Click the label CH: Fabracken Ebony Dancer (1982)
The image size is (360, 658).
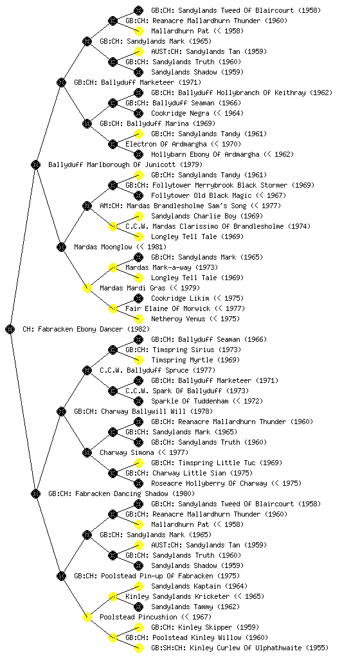pos(86,330)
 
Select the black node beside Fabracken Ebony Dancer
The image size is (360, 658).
pos(10,330)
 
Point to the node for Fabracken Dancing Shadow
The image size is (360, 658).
pos(35,494)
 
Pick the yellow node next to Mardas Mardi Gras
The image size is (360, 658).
pos(87,289)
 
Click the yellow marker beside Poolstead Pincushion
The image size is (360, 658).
pos(87,618)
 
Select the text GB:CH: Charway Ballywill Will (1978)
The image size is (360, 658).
pos(143,412)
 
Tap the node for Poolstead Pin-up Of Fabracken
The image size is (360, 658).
pos(61,576)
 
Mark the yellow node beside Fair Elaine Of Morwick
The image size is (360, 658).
pos(113,309)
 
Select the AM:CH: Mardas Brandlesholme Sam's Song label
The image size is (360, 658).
pos(190,206)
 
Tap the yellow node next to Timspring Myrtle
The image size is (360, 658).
pos(138,360)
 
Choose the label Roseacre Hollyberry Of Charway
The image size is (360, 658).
pos(226,484)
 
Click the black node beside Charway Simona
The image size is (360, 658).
pos(87,453)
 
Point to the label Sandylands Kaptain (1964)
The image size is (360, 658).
pos(199,587)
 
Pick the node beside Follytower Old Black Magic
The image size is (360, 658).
pos(138,195)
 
